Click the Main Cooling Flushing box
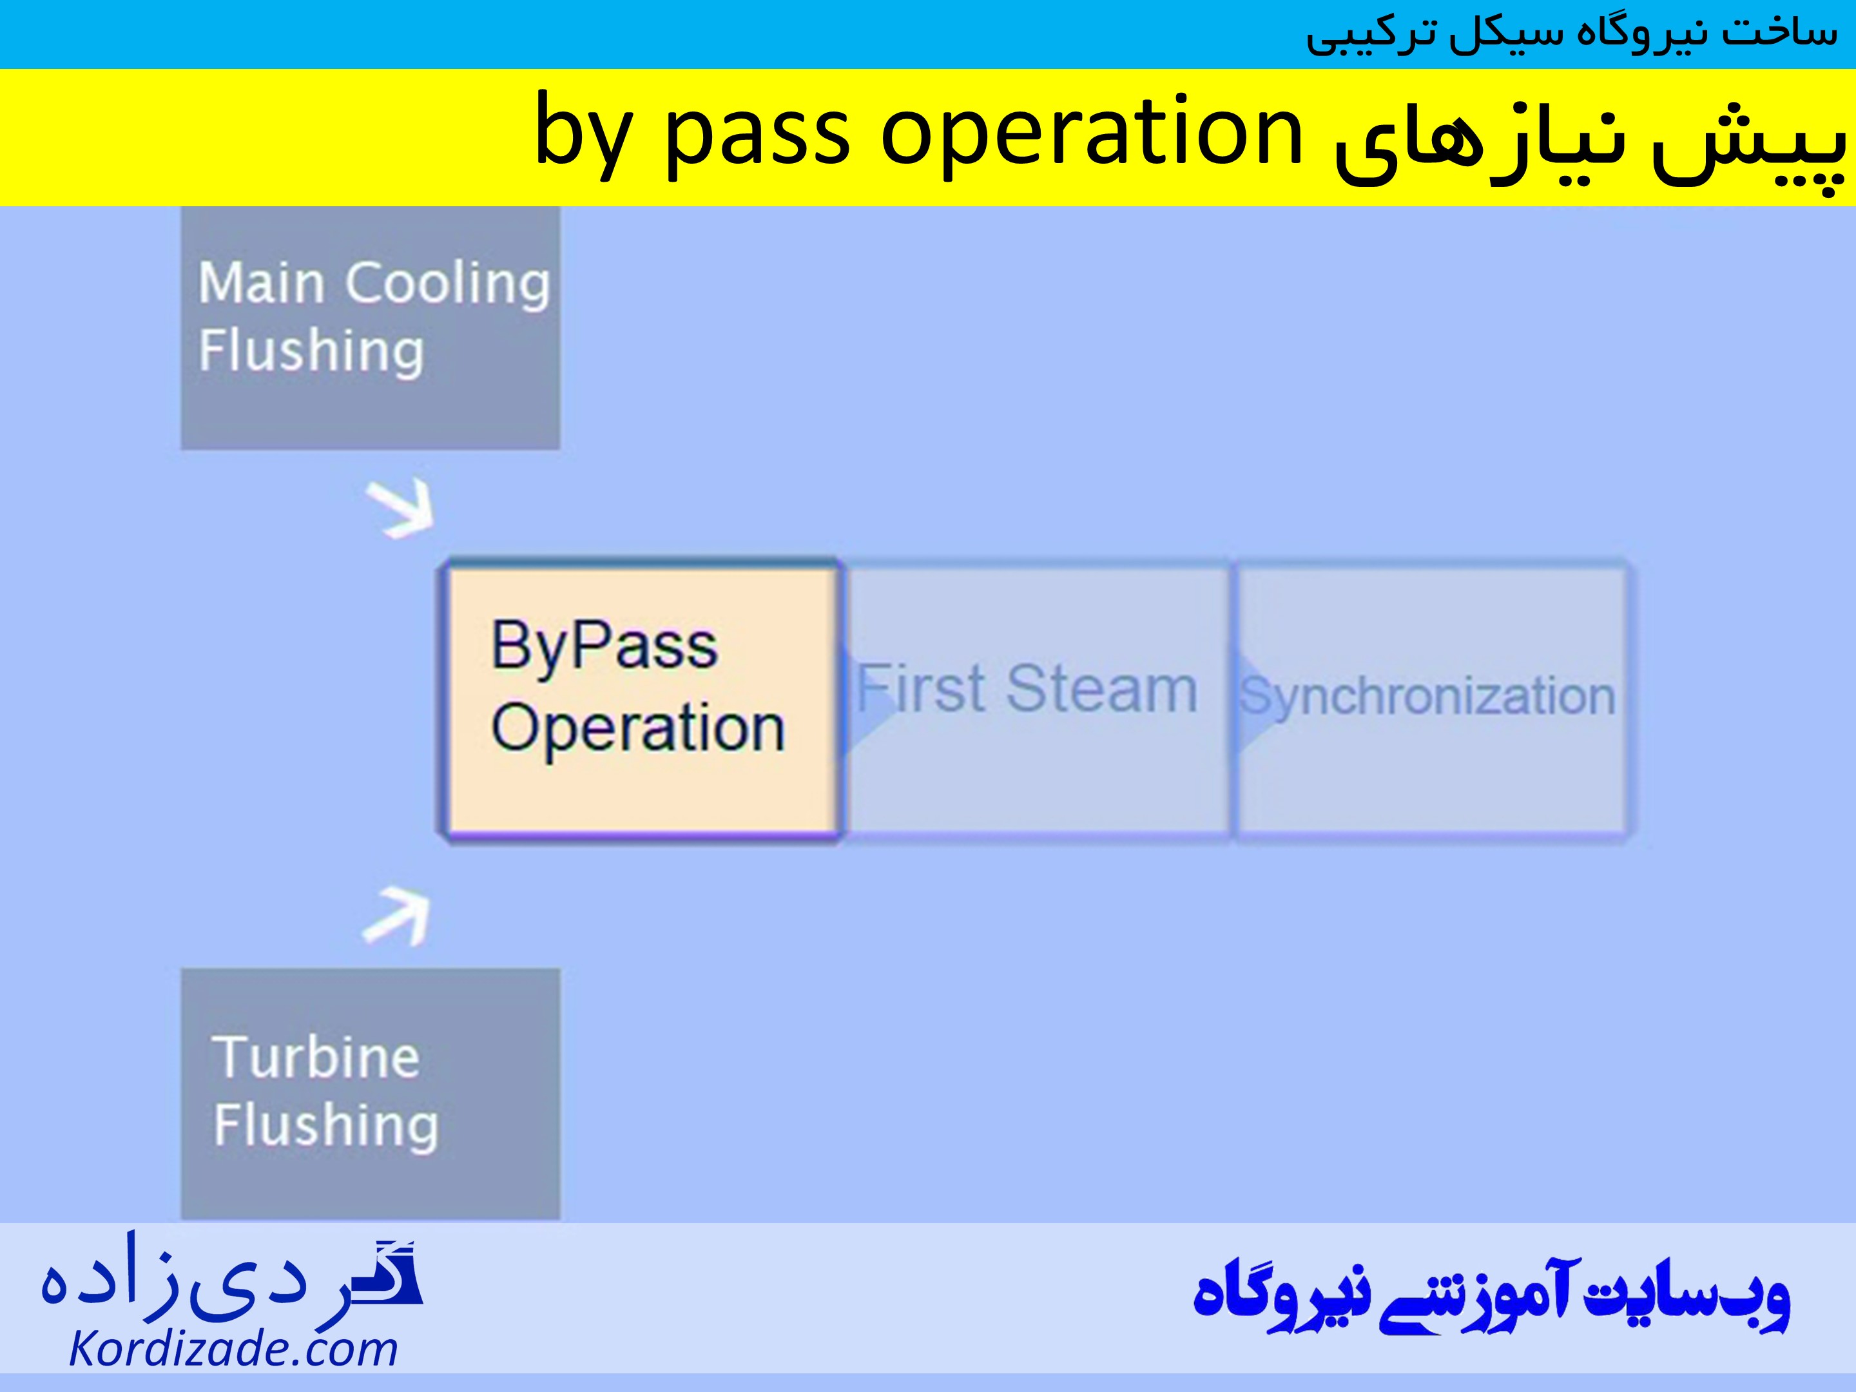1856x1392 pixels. [x=370, y=327]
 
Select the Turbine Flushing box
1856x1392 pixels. [x=370, y=1092]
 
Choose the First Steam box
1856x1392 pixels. [x=1037, y=701]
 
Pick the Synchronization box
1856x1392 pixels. [x=1431, y=701]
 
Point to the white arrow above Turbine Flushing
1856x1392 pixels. [x=398, y=918]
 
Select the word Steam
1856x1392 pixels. [x=1102, y=690]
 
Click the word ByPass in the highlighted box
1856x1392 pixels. [x=604, y=646]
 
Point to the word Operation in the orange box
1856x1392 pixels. [x=638, y=728]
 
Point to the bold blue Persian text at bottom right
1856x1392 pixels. [x=1491, y=1297]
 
